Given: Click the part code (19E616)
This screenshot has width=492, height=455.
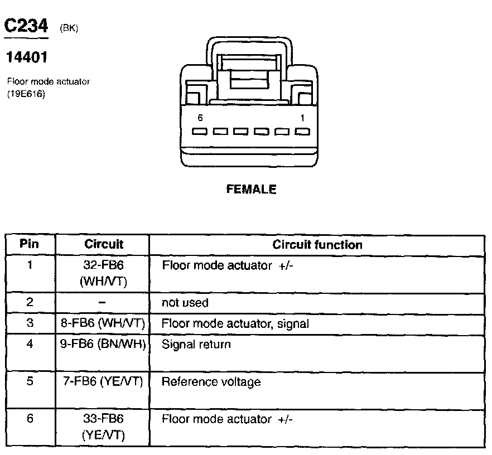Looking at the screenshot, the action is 26,94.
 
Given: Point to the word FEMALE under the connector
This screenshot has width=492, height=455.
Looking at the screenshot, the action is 251,190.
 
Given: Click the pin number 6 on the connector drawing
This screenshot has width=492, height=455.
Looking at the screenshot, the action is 200,118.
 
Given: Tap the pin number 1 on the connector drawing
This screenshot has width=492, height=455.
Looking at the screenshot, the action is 302,118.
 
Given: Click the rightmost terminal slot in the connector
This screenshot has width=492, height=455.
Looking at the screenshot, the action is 302,132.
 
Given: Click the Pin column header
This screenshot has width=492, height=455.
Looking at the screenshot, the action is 30,244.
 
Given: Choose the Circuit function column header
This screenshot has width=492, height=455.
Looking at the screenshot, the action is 317,245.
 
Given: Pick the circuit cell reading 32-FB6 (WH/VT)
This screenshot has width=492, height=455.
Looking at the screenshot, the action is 103,273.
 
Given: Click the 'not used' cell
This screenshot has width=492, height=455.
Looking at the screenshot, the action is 185,303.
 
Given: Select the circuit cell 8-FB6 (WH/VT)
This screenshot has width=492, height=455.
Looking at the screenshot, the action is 103,323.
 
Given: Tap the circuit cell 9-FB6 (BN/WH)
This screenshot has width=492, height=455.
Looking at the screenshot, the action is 103,344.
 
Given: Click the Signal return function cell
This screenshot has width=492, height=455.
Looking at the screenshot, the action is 196,344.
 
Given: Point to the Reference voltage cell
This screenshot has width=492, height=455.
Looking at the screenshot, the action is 211,382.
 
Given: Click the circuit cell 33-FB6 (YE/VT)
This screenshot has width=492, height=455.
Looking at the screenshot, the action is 103,427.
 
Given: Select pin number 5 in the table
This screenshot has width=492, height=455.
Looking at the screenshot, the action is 30,382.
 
